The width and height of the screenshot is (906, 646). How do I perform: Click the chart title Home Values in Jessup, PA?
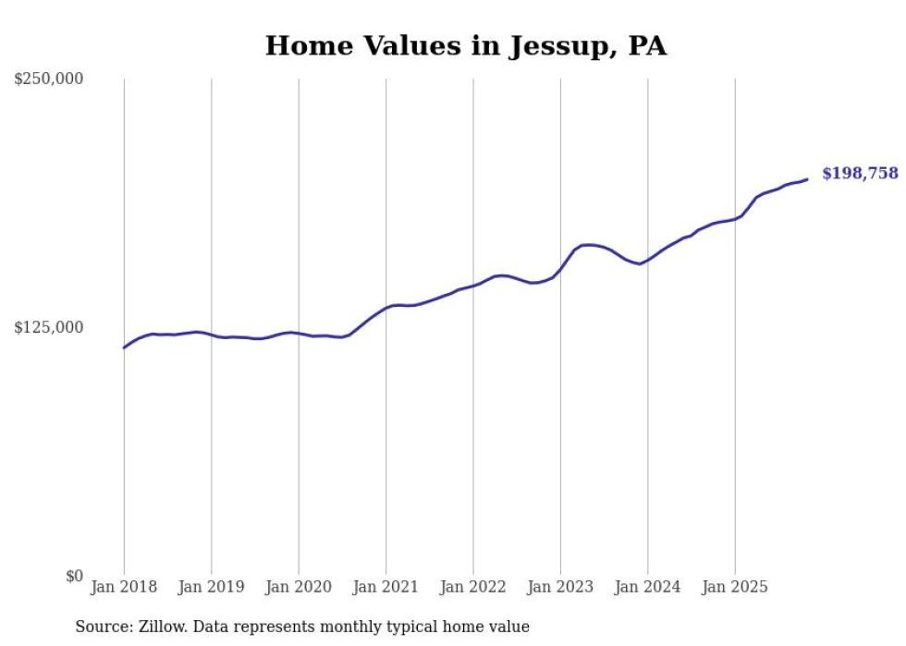pos(465,45)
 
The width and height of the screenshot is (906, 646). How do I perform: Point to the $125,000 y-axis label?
pos(48,327)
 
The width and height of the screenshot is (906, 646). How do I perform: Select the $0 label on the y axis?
pos(74,576)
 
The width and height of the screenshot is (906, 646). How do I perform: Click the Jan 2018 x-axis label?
pos(124,587)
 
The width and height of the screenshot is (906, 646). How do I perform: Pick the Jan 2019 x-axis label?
pos(211,587)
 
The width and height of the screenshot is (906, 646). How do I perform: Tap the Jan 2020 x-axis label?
pos(299,587)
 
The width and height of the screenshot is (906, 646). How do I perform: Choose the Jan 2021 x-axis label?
pos(386,587)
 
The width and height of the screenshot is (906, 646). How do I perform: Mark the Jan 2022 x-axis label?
pos(473,587)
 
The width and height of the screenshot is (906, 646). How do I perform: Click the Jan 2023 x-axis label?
pos(560,587)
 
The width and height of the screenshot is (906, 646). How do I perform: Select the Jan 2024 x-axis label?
pos(648,587)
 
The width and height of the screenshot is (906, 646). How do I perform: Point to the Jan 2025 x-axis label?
pos(735,587)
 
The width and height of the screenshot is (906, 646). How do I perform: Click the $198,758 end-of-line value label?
pos(860,174)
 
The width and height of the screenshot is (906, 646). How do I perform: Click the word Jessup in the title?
pos(553,46)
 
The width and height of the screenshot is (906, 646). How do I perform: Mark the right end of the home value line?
pos(807,179)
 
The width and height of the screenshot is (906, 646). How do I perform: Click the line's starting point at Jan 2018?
pos(124,347)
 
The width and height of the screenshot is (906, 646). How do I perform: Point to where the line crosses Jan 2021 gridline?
pos(386,307)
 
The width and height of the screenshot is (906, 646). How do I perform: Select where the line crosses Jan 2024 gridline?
pos(648,260)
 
